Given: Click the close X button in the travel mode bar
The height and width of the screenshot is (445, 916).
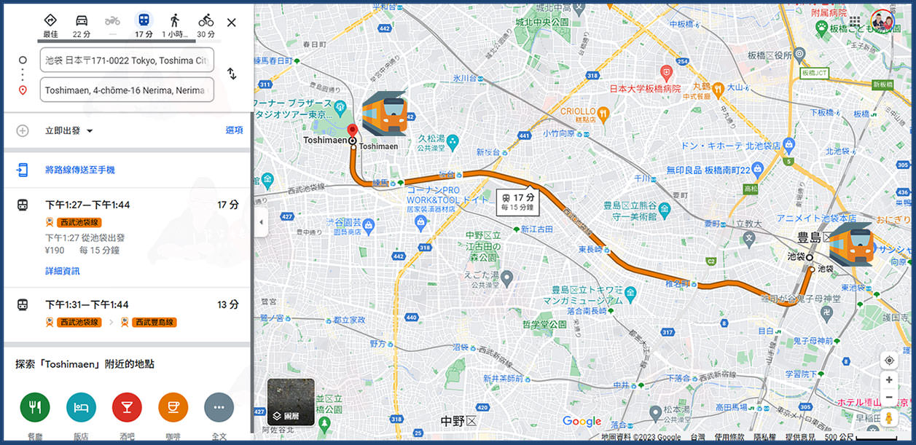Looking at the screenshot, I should (232, 23).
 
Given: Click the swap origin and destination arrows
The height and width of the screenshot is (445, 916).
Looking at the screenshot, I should (232, 74).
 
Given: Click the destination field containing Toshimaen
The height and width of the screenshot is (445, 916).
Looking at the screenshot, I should (127, 90).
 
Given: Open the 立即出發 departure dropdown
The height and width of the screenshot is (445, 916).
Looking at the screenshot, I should (70, 131).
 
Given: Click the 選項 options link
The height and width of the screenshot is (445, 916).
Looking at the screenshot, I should (234, 130).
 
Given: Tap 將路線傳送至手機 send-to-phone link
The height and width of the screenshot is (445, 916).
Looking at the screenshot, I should (80, 170).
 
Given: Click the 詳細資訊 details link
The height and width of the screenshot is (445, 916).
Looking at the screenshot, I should (63, 271).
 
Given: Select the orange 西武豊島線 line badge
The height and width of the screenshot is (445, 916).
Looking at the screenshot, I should (154, 322).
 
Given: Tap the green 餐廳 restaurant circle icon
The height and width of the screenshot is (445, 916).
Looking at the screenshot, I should (35, 407).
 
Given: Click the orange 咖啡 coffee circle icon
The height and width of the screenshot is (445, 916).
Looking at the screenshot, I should (173, 407).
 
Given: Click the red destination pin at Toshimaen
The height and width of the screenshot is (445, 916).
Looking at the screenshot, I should (353, 130).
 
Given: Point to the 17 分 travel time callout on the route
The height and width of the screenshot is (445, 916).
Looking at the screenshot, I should (519, 201).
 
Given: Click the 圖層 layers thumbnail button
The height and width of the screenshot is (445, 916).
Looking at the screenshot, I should (291, 402).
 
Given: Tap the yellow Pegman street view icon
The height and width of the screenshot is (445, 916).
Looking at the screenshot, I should (889, 418).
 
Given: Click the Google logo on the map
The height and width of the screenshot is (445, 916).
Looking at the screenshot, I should (582, 421).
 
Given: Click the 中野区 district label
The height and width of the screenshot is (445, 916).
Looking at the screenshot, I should (458, 422).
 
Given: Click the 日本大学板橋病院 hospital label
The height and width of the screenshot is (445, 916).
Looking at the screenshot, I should (644, 89).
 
